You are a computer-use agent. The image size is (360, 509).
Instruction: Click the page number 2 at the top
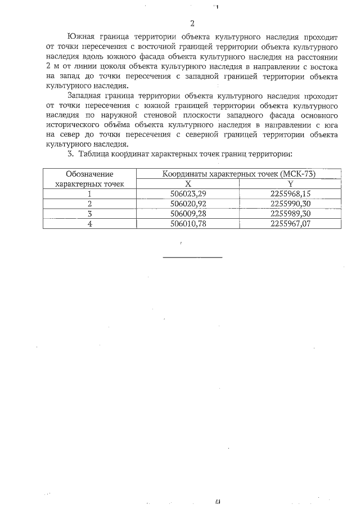click(x=192, y=23)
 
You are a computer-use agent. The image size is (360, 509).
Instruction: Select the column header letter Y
click(x=290, y=183)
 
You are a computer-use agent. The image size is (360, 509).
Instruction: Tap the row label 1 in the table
click(x=89, y=193)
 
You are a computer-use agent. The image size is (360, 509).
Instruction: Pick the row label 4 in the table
click(x=89, y=223)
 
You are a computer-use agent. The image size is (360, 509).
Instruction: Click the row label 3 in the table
click(x=89, y=213)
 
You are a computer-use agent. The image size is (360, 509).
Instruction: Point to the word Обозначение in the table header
click(x=89, y=174)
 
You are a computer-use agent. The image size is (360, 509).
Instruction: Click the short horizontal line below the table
click(x=192, y=257)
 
